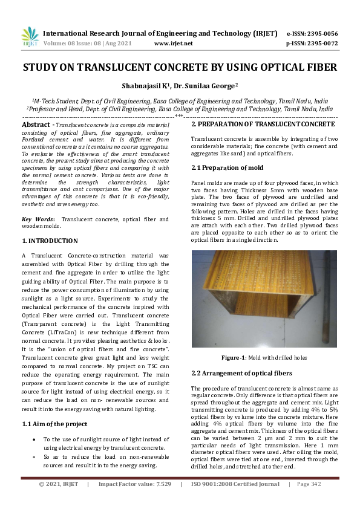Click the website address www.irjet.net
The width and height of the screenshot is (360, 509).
pyautogui.click(x=173, y=44)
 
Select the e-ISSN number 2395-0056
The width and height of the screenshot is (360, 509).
pyautogui.click(x=323, y=34)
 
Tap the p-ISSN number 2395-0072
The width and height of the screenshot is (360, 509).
pyautogui.click(x=323, y=44)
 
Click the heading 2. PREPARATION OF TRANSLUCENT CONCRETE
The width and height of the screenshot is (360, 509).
pyautogui.click(x=263, y=124)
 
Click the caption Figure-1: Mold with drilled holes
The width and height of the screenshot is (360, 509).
pyautogui.click(x=264, y=357)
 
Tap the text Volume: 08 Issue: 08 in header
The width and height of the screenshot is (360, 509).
pyautogui.click(x=73, y=44)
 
